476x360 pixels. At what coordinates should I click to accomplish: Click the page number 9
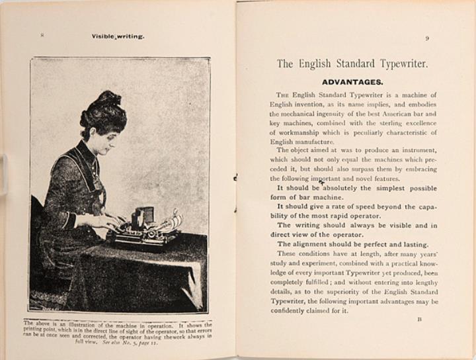(426, 38)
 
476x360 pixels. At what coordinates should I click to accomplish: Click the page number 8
(42, 35)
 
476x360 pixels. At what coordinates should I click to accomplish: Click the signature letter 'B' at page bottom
(419, 318)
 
